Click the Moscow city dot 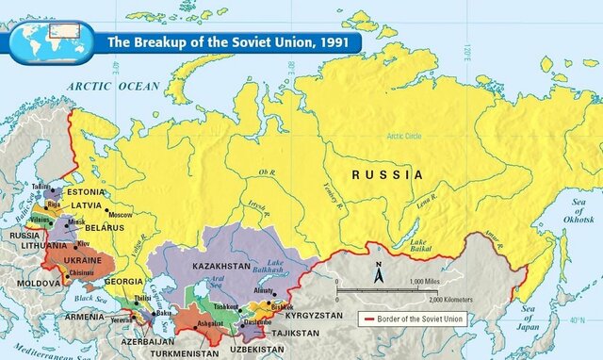click(107, 209)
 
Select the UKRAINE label click(82, 259)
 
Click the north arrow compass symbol click(378, 275)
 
